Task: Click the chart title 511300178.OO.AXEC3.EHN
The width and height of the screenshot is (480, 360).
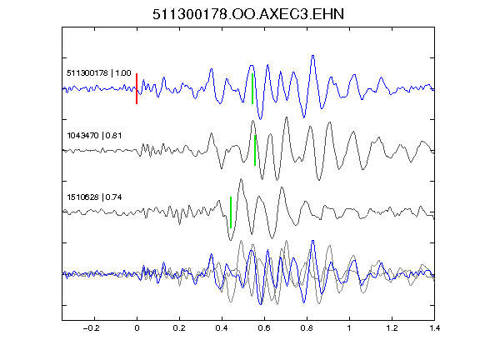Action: [x=248, y=14]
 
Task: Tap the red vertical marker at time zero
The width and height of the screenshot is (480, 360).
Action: [x=137, y=89]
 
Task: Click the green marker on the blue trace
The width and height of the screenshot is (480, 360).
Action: [x=252, y=89]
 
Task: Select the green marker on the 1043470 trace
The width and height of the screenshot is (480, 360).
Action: [x=255, y=150]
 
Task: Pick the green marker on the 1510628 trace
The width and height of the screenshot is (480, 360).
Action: [x=231, y=212]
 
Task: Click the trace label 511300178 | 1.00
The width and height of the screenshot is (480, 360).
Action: [x=99, y=73]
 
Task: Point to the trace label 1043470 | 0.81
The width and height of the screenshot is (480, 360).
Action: [x=94, y=135]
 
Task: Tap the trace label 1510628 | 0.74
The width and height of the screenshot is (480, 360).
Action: [x=94, y=197]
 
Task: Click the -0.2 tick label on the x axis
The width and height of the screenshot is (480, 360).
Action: [x=92, y=328]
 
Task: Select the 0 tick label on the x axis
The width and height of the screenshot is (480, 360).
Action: [x=137, y=328]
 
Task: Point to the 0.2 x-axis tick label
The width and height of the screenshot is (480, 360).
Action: [x=179, y=328]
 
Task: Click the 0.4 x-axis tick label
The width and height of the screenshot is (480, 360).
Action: [x=222, y=328]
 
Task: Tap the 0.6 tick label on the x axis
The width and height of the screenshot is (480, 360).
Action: [x=264, y=328]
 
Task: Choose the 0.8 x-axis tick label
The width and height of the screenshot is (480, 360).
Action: [x=307, y=328]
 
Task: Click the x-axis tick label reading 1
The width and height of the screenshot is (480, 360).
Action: [x=349, y=328]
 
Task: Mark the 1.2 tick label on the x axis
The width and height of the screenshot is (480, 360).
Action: [x=392, y=328]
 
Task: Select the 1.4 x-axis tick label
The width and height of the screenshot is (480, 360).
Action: [x=434, y=328]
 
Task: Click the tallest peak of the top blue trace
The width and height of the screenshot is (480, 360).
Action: [x=312, y=56]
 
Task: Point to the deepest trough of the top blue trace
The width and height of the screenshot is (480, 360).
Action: [x=260, y=119]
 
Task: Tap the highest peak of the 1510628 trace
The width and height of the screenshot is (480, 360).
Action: [x=241, y=179]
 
